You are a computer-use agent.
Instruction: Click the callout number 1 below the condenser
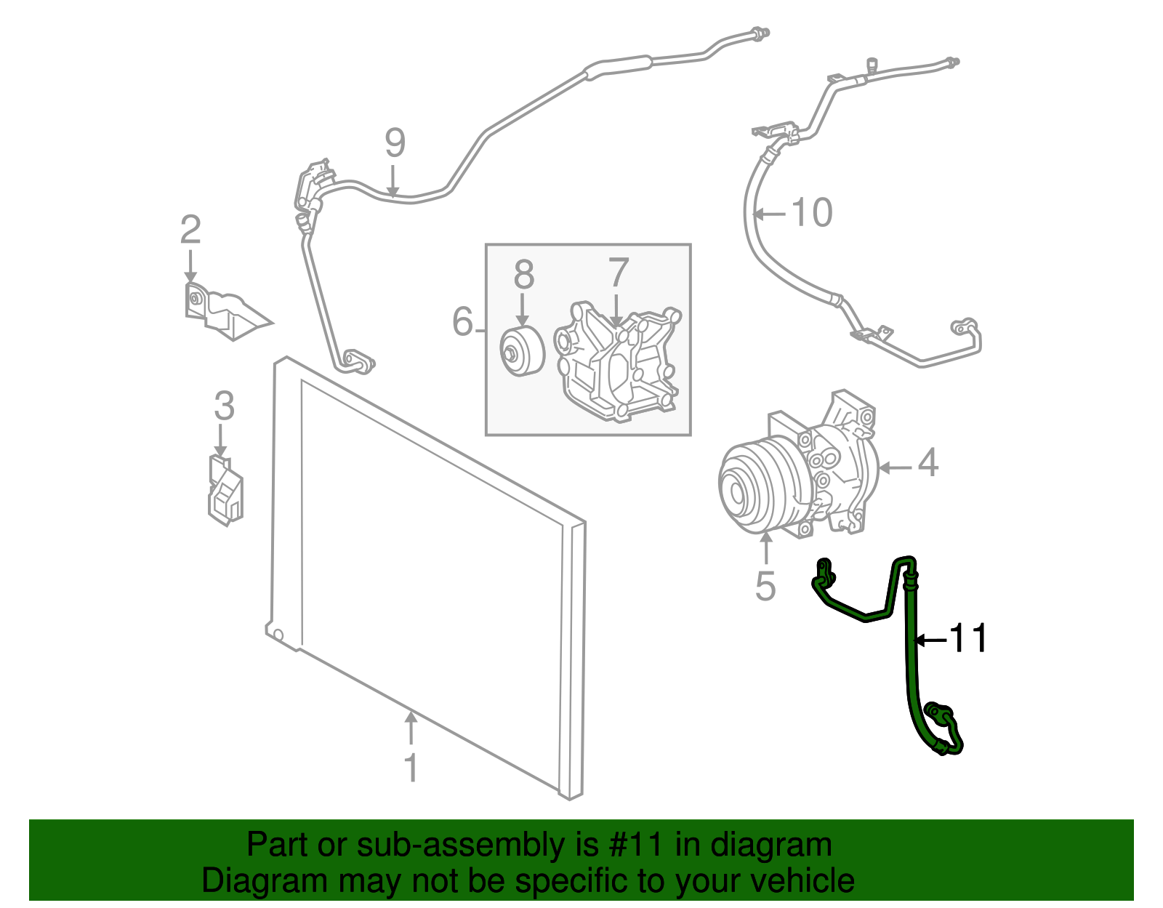click(411, 768)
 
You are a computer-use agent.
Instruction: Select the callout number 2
click(190, 230)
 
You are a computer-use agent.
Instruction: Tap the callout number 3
click(224, 406)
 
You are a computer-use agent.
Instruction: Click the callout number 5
click(765, 586)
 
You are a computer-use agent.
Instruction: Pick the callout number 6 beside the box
click(463, 321)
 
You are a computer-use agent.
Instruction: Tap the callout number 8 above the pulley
click(523, 275)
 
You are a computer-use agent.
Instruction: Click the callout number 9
click(395, 143)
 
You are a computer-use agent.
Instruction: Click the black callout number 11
click(970, 638)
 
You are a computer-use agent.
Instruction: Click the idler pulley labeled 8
click(521, 353)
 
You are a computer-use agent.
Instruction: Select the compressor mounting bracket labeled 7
click(618, 363)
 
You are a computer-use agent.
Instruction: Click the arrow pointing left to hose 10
click(770, 214)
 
